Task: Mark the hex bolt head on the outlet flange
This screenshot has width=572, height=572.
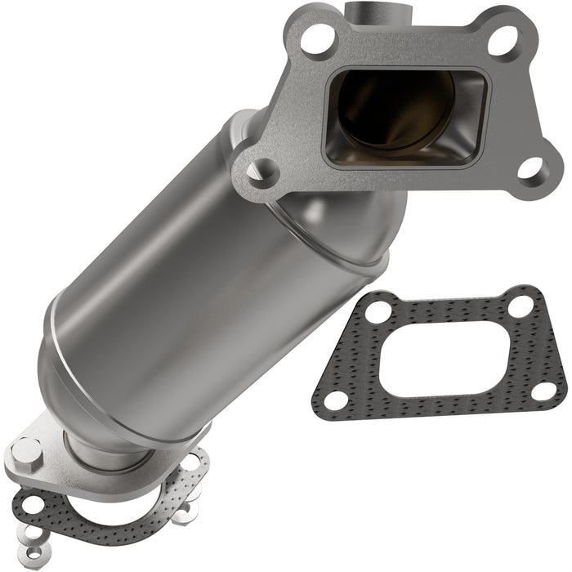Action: pyautogui.click(x=28, y=450)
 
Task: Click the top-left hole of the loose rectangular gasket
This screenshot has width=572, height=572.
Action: pyautogui.click(x=377, y=311)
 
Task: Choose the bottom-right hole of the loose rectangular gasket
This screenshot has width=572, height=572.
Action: pyautogui.click(x=543, y=391)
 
